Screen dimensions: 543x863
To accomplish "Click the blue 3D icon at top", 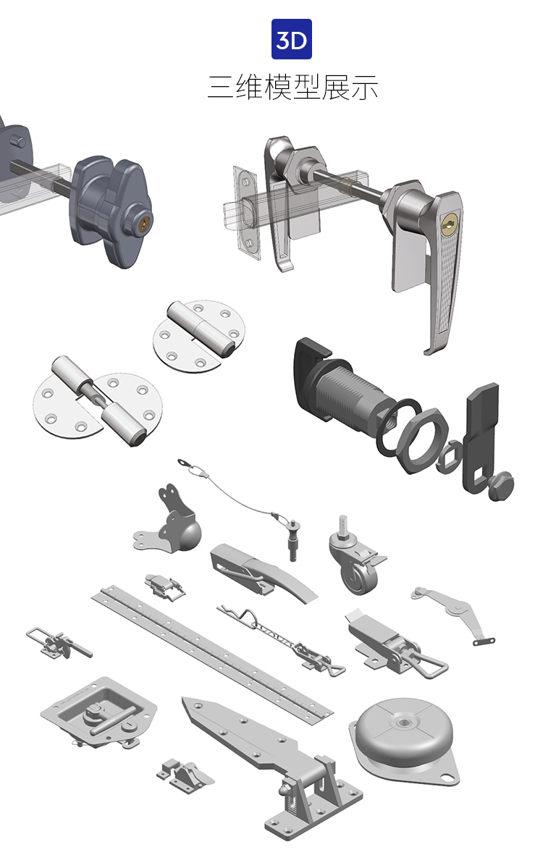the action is [x=291, y=39].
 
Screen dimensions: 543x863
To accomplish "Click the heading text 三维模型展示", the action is [x=292, y=87].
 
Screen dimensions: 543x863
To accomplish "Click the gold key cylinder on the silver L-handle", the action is [x=448, y=222].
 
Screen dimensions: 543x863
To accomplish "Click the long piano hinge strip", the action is [x=212, y=652].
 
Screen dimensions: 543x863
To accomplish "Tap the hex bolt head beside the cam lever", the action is [x=500, y=485].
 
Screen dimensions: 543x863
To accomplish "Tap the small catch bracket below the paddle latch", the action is [x=185, y=775].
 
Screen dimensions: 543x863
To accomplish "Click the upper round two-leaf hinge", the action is [x=198, y=336].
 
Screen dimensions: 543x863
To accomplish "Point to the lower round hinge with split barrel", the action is [x=97, y=401].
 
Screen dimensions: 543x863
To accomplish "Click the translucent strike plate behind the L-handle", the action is [x=246, y=212].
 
